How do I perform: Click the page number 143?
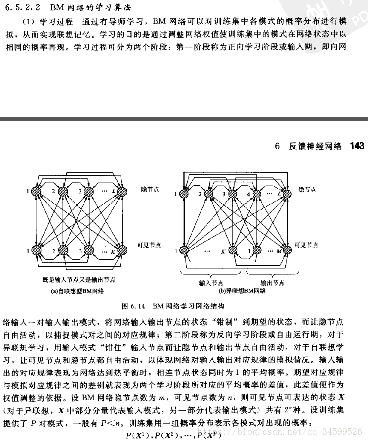(x=358, y=146)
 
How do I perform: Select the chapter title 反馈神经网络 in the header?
(x=315, y=146)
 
